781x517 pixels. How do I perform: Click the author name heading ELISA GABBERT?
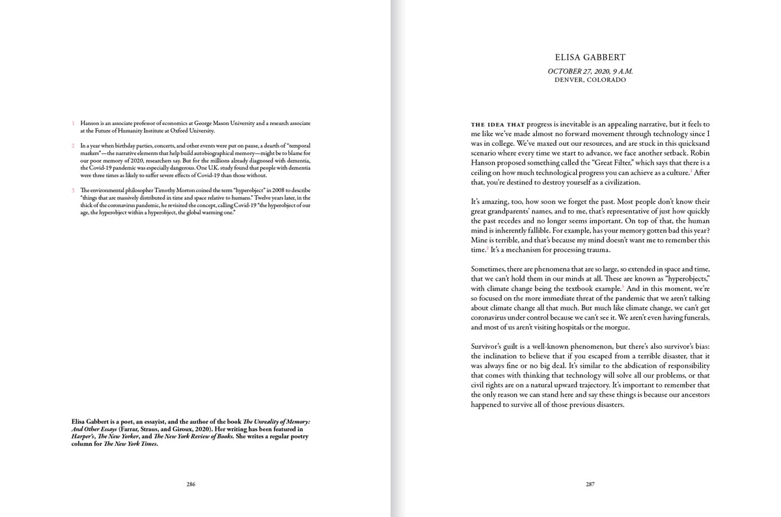point(590,58)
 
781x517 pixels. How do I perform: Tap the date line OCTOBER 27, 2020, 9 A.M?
point(590,71)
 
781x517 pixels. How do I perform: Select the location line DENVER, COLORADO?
point(590,80)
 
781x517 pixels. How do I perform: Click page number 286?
point(191,484)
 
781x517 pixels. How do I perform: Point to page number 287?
point(590,484)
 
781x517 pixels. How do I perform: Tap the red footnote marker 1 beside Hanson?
point(74,123)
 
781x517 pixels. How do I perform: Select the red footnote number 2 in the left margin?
point(74,145)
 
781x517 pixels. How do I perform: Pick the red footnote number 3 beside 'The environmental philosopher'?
point(74,190)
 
